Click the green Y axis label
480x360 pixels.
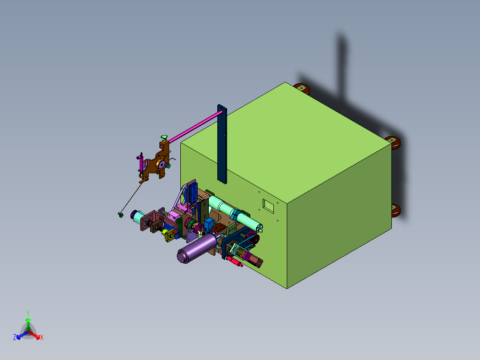pyautogui.click(x=28, y=314)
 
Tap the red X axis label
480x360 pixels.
pyautogui.click(x=42, y=337)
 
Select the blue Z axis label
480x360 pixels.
pyautogui.click(x=15, y=337)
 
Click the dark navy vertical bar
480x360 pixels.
pyautogui.click(x=222, y=144)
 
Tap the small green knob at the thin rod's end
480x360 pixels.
pyautogui.click(x=121, y=215)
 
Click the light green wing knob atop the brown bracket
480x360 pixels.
pyautogui.click(x=164, y=138)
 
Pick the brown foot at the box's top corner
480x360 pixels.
pyautogui.click(x=302, y=89)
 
